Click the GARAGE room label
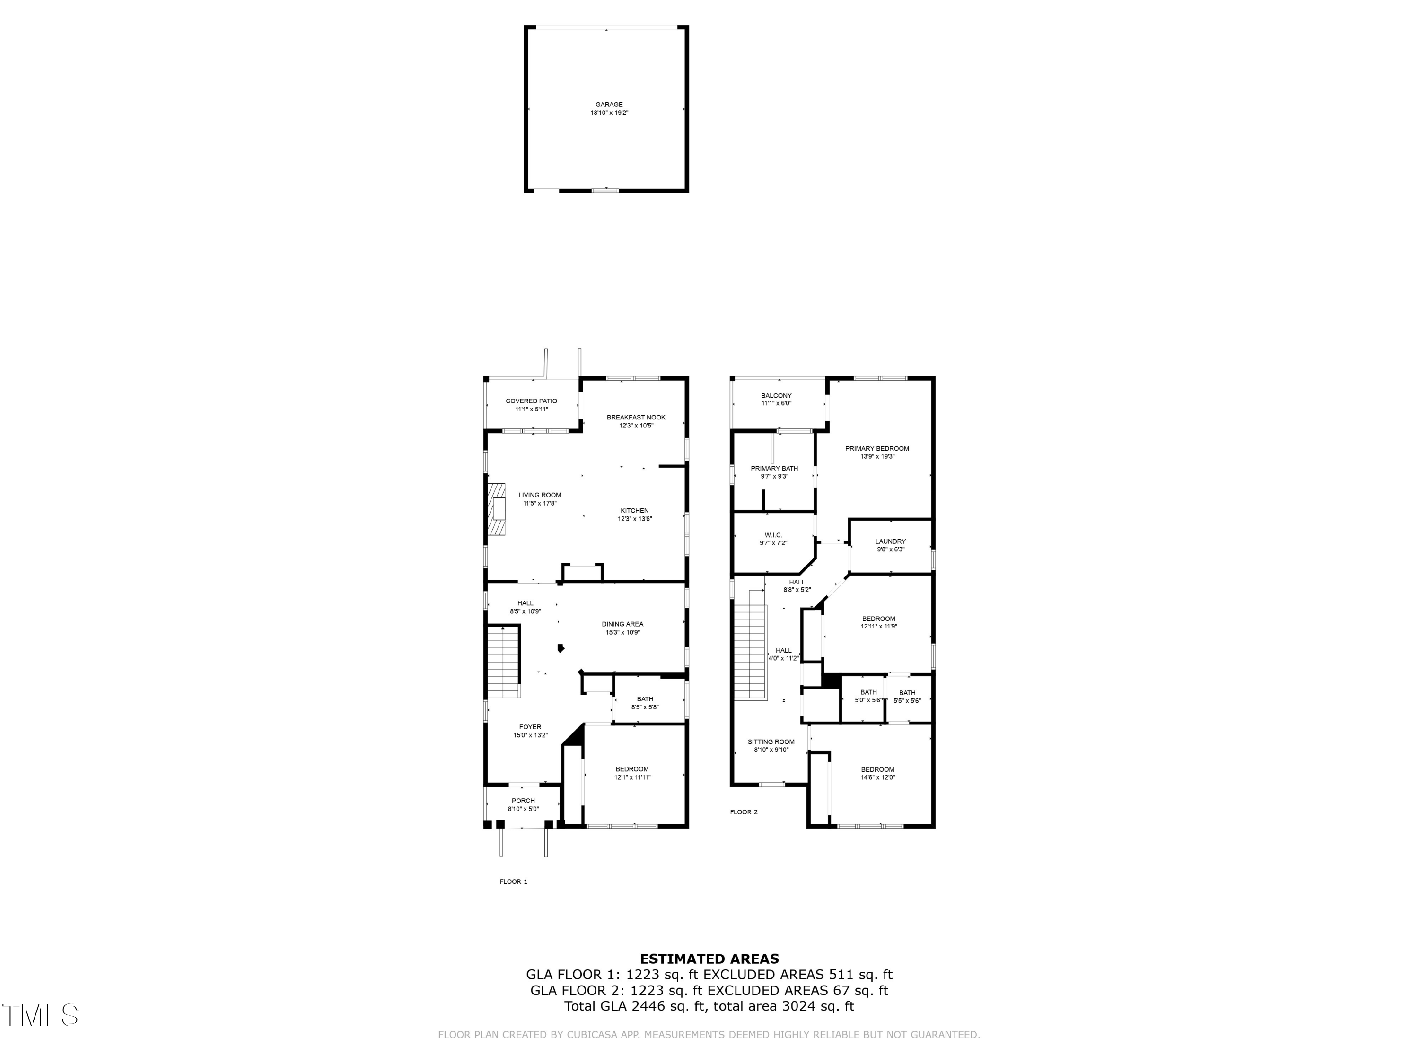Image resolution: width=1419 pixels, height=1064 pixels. click(x=609, y=105)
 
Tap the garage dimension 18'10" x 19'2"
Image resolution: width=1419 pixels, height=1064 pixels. click(x=609, y=113)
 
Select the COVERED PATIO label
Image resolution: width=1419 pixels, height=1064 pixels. click(x=531, y=401)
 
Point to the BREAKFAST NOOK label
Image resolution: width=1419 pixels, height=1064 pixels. click(x=636, y=417)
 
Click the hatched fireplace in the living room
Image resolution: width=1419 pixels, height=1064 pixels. click(x=497, y=508)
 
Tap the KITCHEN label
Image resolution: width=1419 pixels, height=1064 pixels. click(x=634, y=511)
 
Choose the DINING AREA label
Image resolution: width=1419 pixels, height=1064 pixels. click(x=622, y=624)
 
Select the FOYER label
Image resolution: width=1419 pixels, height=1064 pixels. click(x=530, y=727)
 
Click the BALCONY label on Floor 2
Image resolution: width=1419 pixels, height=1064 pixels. click(x=776, y=396)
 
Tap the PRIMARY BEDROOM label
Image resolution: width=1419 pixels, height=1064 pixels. click(x=877, y=448)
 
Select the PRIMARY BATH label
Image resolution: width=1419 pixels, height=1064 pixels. click(x=774, y=468)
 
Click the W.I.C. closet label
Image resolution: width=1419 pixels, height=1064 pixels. click(x=773, y=535)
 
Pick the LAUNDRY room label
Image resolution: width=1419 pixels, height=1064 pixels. click(x=890, y=541)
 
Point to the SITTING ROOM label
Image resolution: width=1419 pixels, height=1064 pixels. click(x=771, y=741)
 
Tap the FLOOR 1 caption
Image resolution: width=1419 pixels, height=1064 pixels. click(x=513, y=881)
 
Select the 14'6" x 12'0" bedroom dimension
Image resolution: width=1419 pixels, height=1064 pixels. click(x=877, y=777)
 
